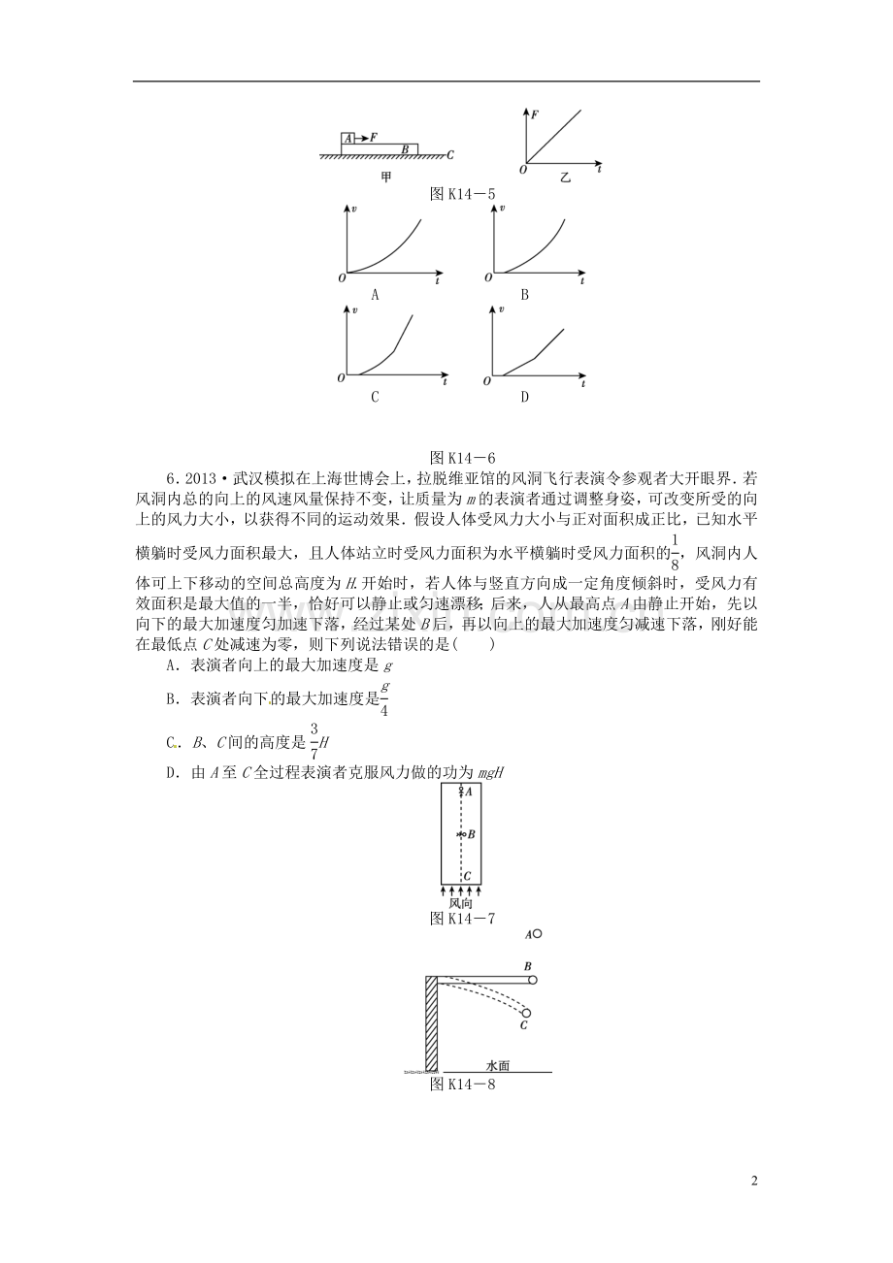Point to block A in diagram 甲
(347, 139)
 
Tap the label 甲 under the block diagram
(386, 178)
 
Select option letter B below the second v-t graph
(524, 294)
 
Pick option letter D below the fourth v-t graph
(524, 397)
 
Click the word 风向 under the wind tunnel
(461, 902)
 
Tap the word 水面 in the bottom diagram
(499, 1064)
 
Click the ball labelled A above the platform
(537, 934)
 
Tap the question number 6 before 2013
(172, 477)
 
